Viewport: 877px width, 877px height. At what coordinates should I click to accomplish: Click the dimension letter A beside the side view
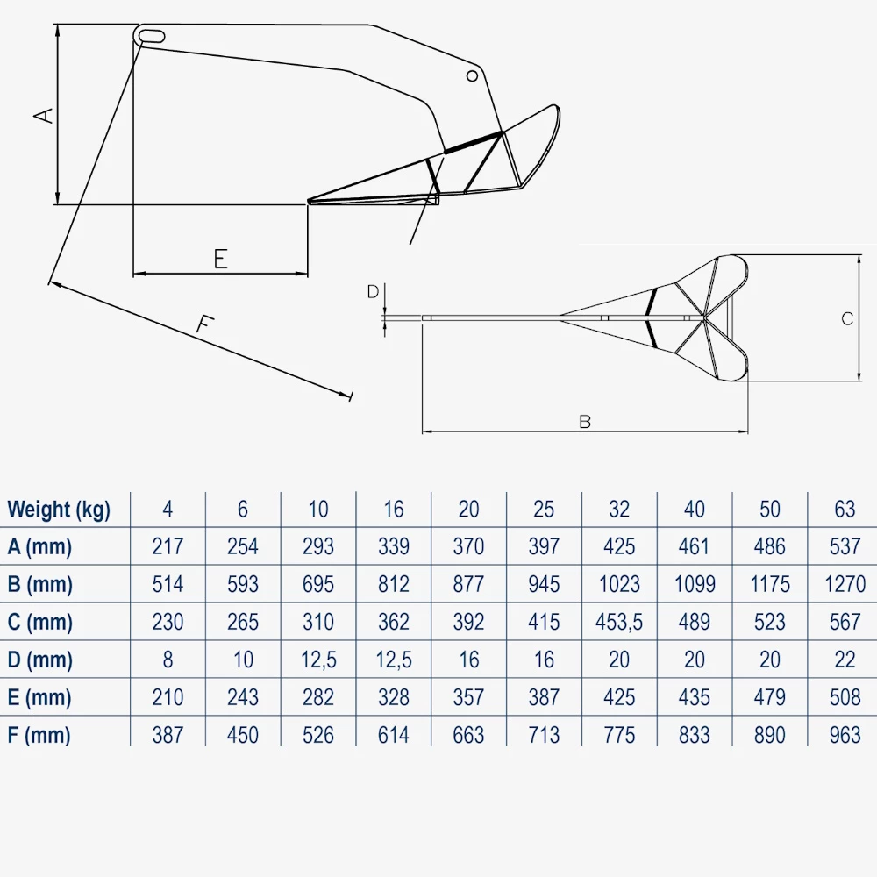(45, 114)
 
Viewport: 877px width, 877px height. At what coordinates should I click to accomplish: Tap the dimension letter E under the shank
(220, 258)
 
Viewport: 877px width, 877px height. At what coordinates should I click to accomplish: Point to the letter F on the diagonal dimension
(204, 324)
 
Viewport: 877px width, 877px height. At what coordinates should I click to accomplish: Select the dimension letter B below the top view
(585, 422)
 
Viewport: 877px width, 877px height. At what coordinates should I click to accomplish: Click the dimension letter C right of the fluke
(847, 319)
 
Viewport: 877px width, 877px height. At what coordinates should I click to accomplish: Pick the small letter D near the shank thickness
(373, 292)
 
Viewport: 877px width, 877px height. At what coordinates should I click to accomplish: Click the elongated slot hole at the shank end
(152, 35)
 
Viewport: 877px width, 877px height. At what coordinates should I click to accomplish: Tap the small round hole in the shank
(472, 75)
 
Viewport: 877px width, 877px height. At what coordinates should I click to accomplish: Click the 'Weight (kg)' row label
(59, 509)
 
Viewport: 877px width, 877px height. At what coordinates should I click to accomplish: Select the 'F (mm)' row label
(39, 735)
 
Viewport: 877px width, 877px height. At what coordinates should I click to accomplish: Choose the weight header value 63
(845, 509)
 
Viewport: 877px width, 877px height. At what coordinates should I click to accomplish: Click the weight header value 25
(544, 509)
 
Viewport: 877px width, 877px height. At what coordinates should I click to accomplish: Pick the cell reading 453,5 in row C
(619, 622)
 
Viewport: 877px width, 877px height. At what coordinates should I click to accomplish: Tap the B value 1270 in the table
(845, 584)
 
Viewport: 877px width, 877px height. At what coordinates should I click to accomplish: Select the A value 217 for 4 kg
(168, 546)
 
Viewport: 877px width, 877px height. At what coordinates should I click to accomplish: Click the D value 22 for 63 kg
(845, 660)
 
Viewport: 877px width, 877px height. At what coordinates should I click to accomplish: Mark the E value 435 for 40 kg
(694, 697)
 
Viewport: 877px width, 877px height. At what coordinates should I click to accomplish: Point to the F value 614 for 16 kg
(393, 735)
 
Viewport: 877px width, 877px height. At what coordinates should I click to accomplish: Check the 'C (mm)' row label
(39, 622)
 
